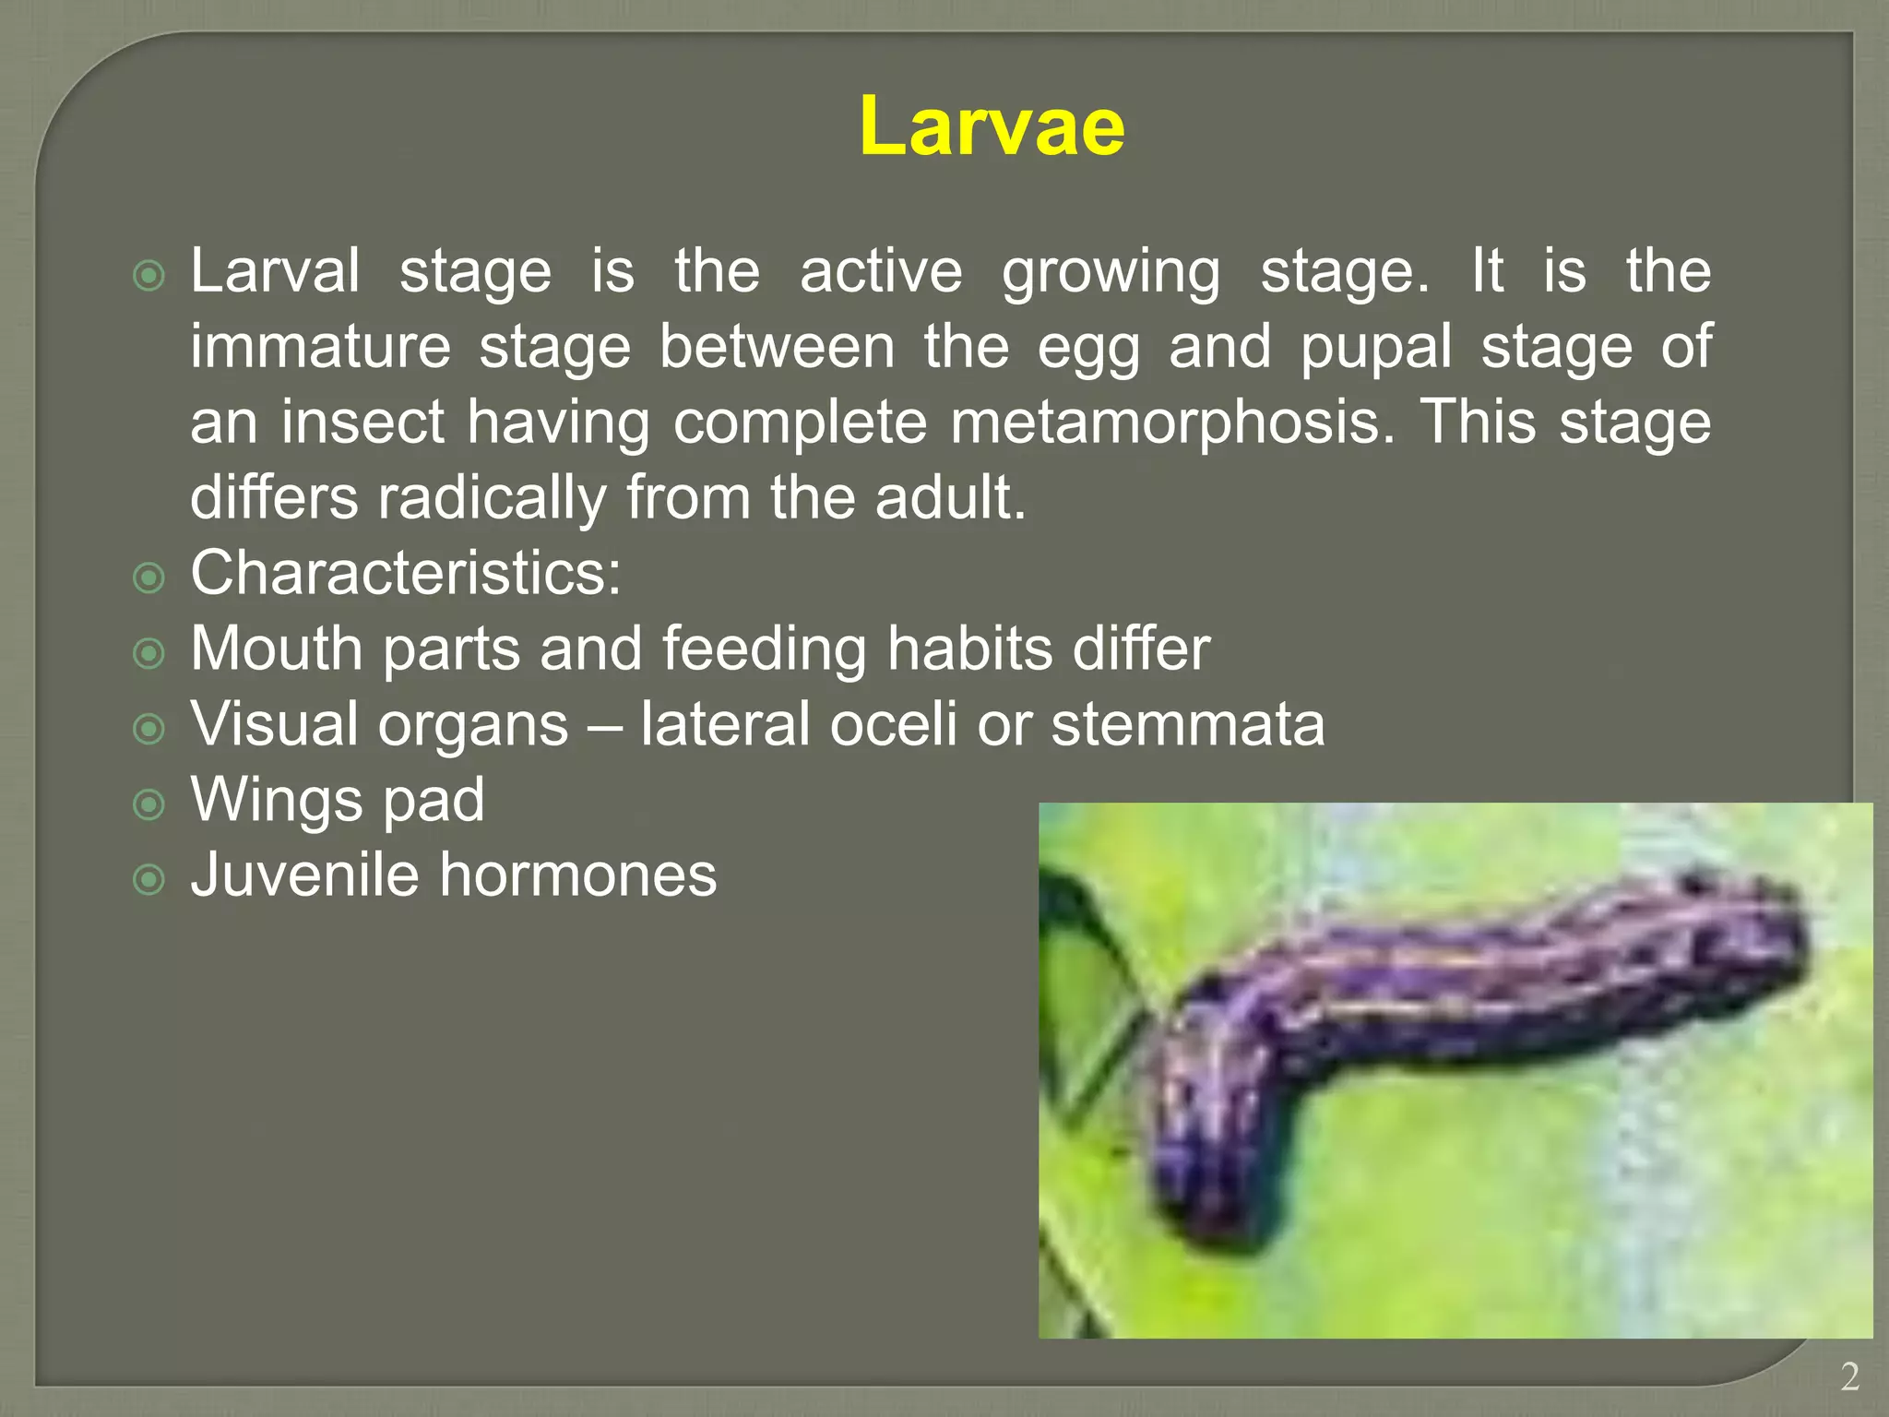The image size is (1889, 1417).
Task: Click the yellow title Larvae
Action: click(x=992, y=126)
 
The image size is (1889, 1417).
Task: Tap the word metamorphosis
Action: click(x=1172, y=422)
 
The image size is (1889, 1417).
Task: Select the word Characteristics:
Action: click(x=406, y=573)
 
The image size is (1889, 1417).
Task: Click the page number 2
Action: click(x=1849, y=1377)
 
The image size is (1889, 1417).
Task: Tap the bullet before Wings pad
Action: click(x=149, y=804)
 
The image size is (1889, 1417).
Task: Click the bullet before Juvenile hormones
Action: click(x=149, y=879)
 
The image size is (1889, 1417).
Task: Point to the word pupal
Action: click(x=1375, y=349)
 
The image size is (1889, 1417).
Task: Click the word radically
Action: click(x=492, y=498)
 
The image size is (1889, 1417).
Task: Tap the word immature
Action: click(x=320, y=347)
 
